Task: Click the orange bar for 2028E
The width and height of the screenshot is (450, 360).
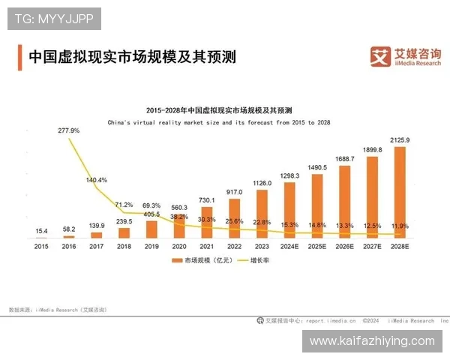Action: [x=400, y=192]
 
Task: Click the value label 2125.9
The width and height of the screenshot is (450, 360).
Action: [x=400, y=140]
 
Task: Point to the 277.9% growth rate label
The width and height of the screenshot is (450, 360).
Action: [x=68, y=130]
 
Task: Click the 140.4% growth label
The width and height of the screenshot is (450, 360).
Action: [x=97, y=180]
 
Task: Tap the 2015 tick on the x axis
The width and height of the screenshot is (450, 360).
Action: [x=40, y=245]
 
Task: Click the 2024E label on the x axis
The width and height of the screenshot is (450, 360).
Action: [x=289, y=245]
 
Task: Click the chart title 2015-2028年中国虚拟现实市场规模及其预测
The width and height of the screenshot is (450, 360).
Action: [x=219, y=109]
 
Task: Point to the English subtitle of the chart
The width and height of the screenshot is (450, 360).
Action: [x=219, y=121]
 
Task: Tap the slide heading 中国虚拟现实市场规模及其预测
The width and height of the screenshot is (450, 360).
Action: [x=131, y=56]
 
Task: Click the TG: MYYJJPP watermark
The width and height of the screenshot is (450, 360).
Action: [x=53, y=18]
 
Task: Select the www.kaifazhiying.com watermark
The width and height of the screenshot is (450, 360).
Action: [x=371, y=341]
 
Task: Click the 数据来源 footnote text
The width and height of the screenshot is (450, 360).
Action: [x=57, y=308]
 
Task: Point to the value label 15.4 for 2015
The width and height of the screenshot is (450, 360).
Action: [x=40, y=229]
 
